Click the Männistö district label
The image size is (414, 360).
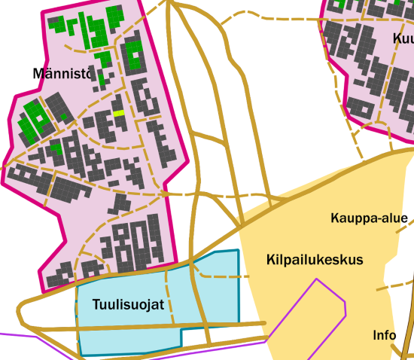tap(62, 74)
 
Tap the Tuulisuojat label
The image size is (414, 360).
tap(129, 305)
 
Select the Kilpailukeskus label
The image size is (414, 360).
tap(315, 260)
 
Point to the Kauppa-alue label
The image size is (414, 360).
tap(369, 219)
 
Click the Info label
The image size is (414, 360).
tap(385, 335)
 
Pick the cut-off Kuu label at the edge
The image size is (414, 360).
tap(403, 38)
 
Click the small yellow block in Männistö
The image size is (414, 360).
tap(118, 113)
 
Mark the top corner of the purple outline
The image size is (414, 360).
tap(317, 279)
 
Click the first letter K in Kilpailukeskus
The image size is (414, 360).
tap(271, 260)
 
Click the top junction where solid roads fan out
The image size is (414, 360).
tap(173, 3)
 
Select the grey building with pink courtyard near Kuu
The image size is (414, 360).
tap(360, 108)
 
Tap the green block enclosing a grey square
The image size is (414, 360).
tap(132, 54)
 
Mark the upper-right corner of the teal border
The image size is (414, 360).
tap(238, 250)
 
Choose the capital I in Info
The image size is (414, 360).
tap(375, 335)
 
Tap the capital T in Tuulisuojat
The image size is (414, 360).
tap(96, 305)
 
